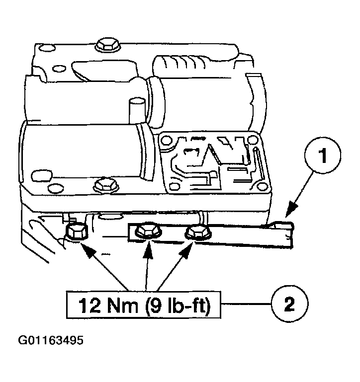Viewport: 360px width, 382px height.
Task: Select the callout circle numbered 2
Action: coord(288,303)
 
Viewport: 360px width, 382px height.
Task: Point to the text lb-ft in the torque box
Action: coord(184,304)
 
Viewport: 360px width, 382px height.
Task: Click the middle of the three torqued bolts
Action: coord(147,230)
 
